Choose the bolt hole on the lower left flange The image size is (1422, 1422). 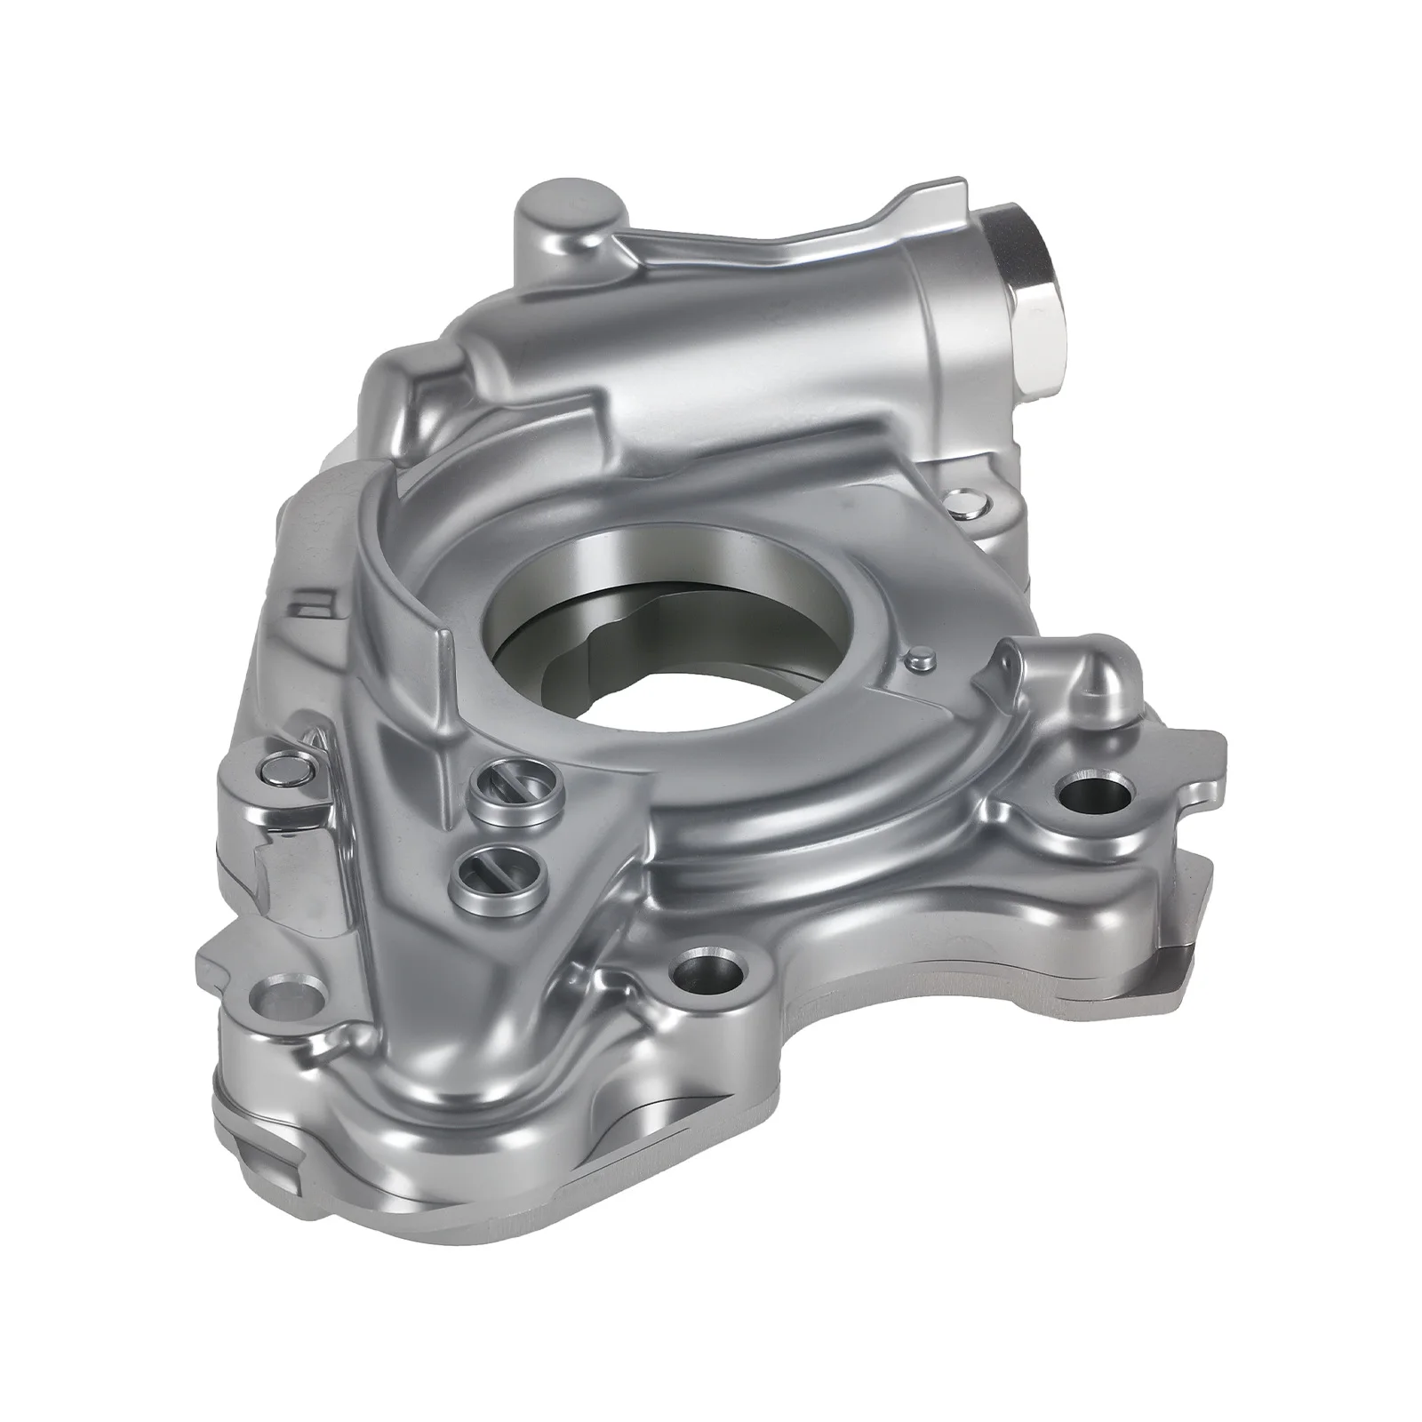tap(287, 995)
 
